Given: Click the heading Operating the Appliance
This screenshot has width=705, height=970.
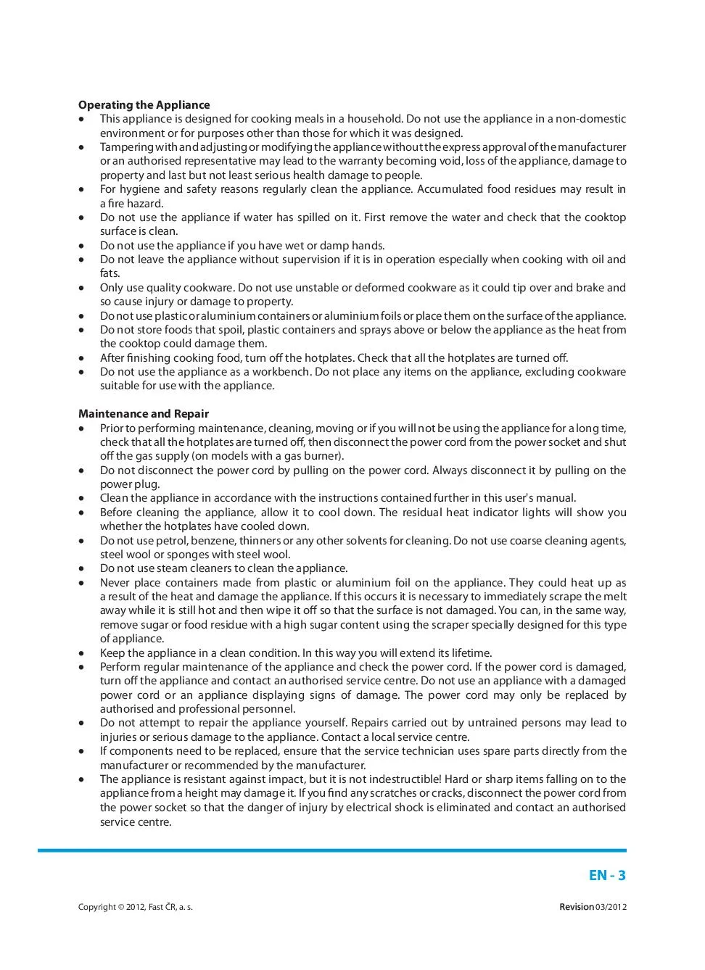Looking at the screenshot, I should tap(144, 105).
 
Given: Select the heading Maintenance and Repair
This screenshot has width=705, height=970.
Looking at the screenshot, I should tap(144, 414).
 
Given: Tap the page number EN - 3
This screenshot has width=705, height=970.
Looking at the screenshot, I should tap(607, 875).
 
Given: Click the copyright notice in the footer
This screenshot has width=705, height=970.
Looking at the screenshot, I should tap(136, 907).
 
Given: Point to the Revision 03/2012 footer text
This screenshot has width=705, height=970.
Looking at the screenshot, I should tap(593, 907).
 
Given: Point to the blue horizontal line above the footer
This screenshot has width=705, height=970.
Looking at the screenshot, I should tap(332, 850).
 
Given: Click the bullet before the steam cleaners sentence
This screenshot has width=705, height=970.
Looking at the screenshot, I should tap(82, 569).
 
